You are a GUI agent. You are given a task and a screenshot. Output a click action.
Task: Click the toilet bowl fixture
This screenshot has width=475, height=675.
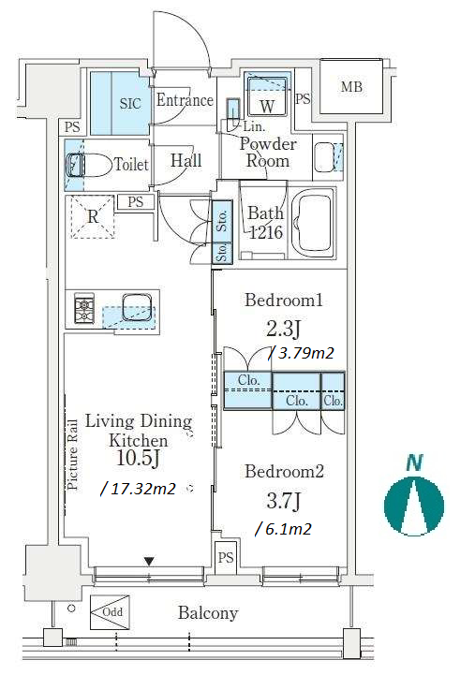(x=88, y=165)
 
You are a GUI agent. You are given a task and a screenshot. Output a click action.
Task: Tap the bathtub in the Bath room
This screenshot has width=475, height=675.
(x=313, y=224)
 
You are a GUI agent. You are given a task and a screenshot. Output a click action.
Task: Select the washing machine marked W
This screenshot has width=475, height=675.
(x=267, y=95)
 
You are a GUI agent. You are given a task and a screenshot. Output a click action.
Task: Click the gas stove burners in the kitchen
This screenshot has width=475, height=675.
(x=84, y=308)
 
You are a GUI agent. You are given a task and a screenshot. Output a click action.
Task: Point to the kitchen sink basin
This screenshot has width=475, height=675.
(x=138, y=307)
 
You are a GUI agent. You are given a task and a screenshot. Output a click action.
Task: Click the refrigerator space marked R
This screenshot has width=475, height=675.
(x=93, y=216)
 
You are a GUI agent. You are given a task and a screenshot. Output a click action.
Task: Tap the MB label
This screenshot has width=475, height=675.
(x=351, y=87)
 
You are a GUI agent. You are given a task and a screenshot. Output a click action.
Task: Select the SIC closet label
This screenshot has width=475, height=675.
(x=130, y=103)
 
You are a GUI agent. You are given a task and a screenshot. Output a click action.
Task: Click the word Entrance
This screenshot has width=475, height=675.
(x=185, y=100)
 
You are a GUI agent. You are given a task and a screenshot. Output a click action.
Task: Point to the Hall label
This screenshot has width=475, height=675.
(x=186, y=161)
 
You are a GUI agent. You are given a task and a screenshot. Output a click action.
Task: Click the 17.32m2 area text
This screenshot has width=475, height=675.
(x=139, y=489)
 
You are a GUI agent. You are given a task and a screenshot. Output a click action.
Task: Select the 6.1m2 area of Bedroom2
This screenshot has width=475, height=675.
(x=284, y=529)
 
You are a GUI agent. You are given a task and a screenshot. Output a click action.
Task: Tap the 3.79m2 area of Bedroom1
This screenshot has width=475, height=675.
(x=302, y=353)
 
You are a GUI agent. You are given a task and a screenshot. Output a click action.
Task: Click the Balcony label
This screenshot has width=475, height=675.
(x=208, y=612)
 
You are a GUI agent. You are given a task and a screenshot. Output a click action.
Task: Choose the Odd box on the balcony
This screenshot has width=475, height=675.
(x=110, y=612)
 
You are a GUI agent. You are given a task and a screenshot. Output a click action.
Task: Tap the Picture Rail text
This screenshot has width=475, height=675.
(x=72, y=455)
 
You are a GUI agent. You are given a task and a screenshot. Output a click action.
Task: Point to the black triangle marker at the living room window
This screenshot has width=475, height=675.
(x=149, y=562)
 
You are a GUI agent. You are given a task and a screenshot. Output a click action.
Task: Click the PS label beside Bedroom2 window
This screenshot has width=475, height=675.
(x=226, y=558)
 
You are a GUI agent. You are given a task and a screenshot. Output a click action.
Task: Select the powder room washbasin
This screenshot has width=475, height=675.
(x=324, y=157)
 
